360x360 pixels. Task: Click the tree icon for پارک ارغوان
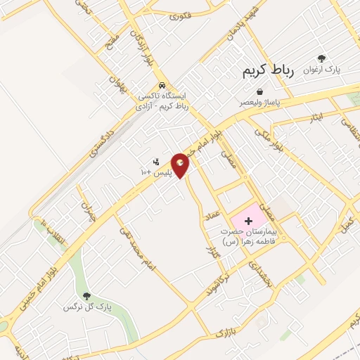pos(322,59)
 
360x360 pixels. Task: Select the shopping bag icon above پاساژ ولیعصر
pos(260,91)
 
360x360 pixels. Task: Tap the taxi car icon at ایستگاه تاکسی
pos(163,82)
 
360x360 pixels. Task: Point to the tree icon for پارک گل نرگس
pos(87,297)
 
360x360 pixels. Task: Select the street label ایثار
pos(316,116)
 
